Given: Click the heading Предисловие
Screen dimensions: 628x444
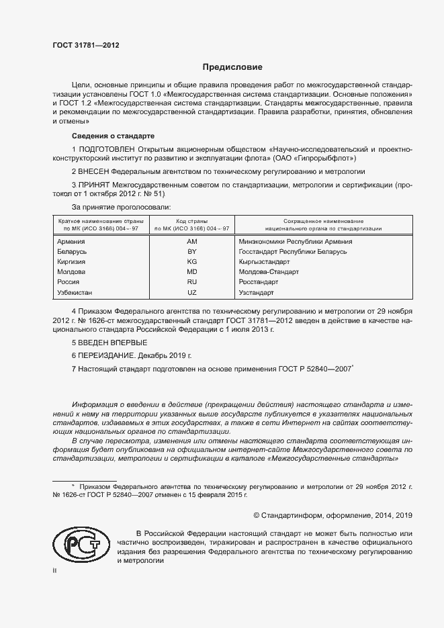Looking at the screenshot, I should point(233,67).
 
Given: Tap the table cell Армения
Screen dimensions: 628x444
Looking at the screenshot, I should point(71,241).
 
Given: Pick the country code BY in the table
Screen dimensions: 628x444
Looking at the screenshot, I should point(192,251).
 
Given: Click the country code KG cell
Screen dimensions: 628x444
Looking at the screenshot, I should point(192,261).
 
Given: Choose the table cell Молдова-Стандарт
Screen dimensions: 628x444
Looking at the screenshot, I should point(269,272).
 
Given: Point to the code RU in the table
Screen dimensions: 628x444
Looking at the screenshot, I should point(192,282).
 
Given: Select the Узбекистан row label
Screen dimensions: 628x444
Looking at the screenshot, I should point(75,293).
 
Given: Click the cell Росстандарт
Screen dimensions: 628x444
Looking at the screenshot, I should point(261,282).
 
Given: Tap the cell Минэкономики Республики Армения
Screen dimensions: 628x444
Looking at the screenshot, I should point(296,241).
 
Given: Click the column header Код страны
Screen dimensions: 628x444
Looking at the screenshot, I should point(192,221).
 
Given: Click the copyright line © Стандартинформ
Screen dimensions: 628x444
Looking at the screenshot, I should point(332,515).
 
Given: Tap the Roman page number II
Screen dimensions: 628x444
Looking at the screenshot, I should point(55,570).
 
